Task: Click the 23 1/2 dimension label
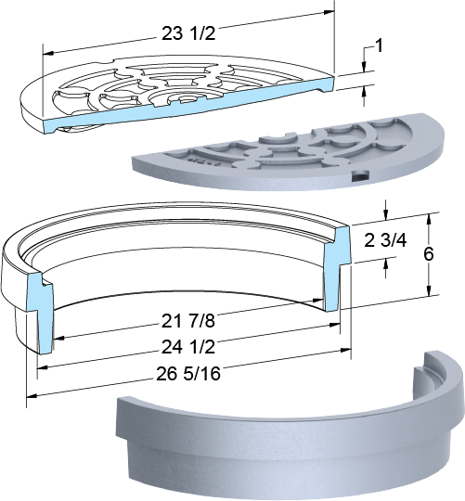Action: (188, 33)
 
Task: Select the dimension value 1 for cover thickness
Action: (379, 46)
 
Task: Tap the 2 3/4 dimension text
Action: (385, 240)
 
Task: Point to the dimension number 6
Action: (429, 254)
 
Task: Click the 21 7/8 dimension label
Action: (187, 321)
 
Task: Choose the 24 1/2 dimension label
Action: (187, 347)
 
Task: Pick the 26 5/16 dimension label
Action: (188, 373)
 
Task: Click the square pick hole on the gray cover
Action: (361, 174)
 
